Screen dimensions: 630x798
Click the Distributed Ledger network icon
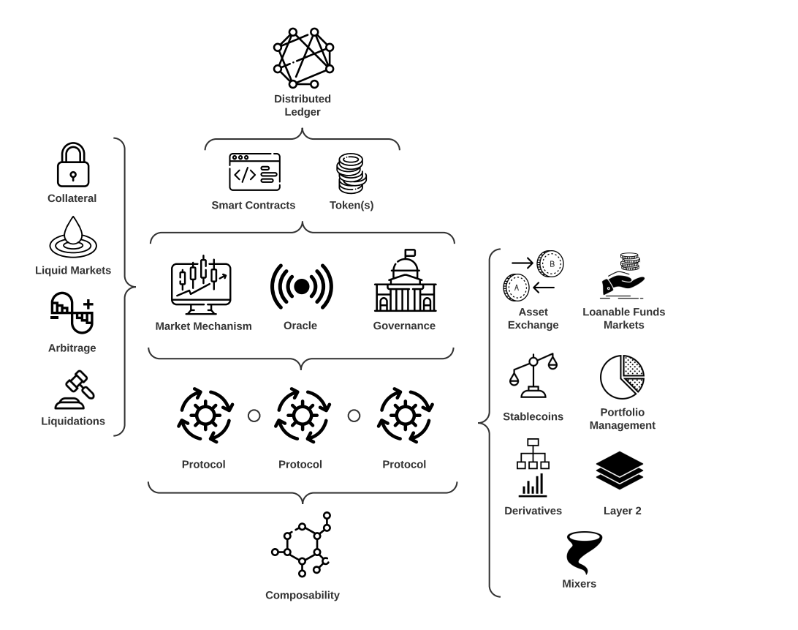(x=303, y=58)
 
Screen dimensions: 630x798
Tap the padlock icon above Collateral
(x=73, y=165)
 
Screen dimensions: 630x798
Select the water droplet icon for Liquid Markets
(x=73, y=236)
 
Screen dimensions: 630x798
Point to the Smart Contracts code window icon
(x=254, y=172)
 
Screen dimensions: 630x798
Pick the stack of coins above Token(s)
(x=351, y=173)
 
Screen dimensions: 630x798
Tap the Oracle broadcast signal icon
(x=301, y=287)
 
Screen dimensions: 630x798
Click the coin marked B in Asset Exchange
(x=550, y=263)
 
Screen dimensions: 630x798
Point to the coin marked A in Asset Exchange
(x=516, y=288)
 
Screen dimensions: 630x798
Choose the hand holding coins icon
(x=623, y=277)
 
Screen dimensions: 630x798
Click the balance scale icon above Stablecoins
(x=533, y=376)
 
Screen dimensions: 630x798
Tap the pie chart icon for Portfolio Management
(x=622, y=378)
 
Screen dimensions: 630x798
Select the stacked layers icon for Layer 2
(x=620, y=470)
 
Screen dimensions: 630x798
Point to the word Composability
(x=303, y=595)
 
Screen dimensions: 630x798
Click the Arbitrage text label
(x=72, y=348)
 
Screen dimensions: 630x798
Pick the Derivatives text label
(x=533, y=511)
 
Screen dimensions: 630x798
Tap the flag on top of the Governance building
(x=410, y=253)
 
